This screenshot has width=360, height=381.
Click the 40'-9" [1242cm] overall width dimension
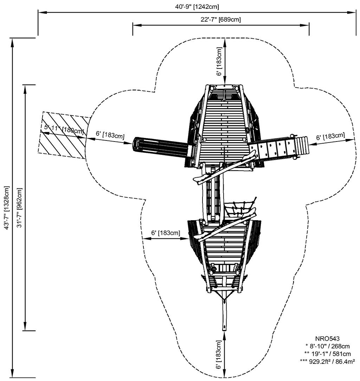click(197, 7)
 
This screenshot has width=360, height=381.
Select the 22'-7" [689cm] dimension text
click(221, 19)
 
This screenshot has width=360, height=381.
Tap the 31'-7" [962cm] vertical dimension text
click(19, 208)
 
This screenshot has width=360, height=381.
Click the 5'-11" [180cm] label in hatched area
click(64, 129)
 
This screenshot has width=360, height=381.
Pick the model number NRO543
click(327, 338)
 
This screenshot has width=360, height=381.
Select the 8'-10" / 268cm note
click(327, 346)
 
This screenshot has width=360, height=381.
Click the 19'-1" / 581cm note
click(327, 354)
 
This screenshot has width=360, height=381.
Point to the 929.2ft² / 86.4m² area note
click(327, 362)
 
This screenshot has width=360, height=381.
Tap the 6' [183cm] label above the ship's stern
click(219, 61)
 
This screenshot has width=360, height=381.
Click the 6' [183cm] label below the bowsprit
click(219, 355)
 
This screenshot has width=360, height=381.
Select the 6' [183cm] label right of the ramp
click(330, 136)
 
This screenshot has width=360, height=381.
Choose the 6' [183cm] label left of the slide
click(110, 134)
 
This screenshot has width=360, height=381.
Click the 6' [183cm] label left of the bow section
click(166, 233)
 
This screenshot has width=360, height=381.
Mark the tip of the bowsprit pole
click(224, 330)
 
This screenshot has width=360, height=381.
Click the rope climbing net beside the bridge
click(240, 209)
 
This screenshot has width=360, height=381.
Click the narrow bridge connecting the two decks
click(213, 192)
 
